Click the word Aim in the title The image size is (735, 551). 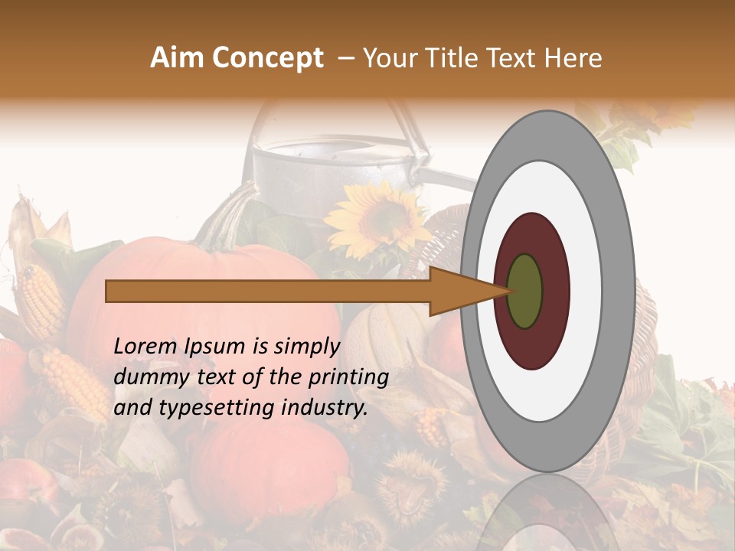point(178,58)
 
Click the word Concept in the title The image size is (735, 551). point(268,58)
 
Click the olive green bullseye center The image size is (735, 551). point(525,292)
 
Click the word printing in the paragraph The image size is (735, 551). point(348,377)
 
